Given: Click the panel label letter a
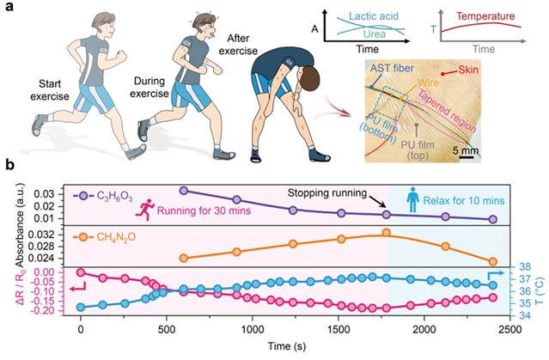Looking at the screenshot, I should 9,8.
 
